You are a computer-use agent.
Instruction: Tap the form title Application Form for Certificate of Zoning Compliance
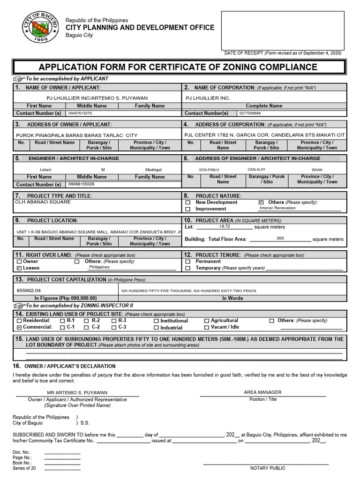pos(178,67)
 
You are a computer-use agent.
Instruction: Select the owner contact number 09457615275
pos(80,113)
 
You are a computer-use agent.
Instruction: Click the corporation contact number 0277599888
pos(250,113)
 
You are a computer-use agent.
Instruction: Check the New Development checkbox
pos(188,202)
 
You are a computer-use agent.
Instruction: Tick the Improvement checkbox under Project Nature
pos(188,209)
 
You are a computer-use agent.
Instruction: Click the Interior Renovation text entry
pos(277,208)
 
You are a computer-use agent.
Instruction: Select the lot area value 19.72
pos(225,226)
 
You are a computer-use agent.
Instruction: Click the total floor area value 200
pos(280,239)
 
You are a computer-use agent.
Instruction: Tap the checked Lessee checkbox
pos(19,268)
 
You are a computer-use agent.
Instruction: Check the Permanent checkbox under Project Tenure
pos(188,262)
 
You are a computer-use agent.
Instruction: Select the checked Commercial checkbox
pos(19,327)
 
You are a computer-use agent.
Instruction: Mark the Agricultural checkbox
pos(207,321)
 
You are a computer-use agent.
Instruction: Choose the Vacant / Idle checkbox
pos(207,328)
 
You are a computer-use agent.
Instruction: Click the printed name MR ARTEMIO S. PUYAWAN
pos(77,392)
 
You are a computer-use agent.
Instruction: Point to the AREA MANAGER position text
pos(262,392)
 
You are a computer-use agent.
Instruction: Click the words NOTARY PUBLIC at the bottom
pos(268,468)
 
